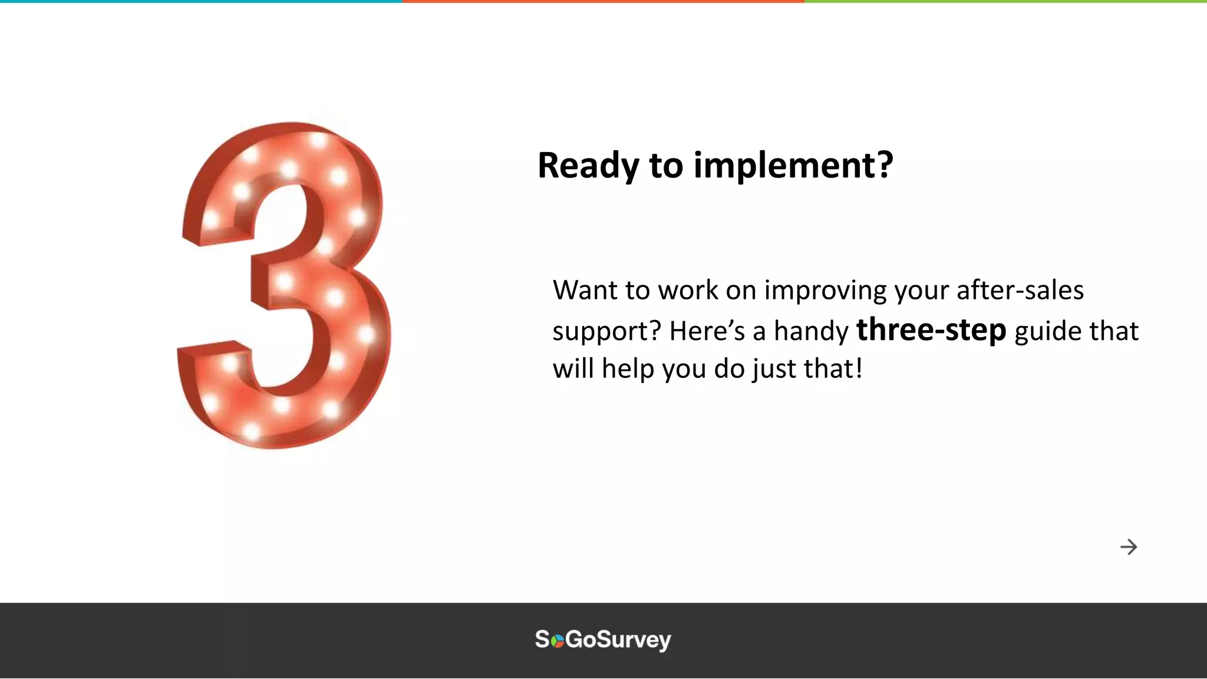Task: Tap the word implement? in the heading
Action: [793, 166]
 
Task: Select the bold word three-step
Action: [931, 330]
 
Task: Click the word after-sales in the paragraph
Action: [1020, 291]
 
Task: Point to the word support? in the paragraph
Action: [606, 332]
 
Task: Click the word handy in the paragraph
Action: [810, 331]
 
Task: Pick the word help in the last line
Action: [628, 370]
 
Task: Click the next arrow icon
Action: [1128, 547]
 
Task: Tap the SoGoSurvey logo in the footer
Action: [603, 640]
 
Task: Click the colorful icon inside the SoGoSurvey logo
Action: [557, 641]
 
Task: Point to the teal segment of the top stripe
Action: [200, 1]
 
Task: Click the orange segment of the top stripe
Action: [603, 1]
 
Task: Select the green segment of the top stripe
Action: [1005, 1]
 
